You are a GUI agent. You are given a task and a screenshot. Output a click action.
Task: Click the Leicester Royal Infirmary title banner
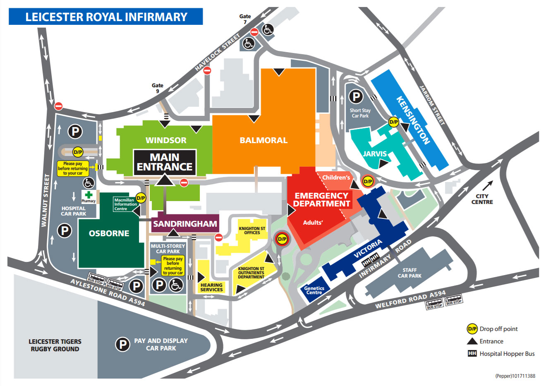(106, 17)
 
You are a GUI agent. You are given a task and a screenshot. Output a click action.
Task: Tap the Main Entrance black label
(165, 162)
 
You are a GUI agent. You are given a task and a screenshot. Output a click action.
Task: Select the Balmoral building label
(263, 140)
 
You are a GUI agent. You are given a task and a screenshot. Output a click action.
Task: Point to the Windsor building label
(166, 140)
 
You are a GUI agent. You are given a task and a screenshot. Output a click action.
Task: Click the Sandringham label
(185, 224)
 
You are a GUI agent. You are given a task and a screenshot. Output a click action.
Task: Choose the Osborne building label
(109, 233)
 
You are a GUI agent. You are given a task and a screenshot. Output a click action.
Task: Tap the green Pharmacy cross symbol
(89, 195)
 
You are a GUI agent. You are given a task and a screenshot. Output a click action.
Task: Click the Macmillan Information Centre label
(125, 204)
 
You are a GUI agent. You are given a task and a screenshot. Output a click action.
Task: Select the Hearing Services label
(211, 287)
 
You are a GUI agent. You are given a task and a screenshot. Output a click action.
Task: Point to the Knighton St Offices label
(252, 230)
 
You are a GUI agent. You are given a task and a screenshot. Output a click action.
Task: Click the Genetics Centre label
(314, 290)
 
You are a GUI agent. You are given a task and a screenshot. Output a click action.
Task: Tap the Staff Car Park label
(409, 273)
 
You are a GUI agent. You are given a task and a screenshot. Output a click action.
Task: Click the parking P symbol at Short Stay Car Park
(356, 97)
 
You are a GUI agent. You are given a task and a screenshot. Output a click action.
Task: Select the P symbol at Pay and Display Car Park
(122, 344)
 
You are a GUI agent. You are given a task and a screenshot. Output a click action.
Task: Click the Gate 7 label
(245, 19)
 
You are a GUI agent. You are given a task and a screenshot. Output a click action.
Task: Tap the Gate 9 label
(157, 88)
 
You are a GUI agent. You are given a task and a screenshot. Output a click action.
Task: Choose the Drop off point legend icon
(472, 329)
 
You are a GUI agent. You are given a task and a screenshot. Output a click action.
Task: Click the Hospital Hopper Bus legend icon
(472, 354)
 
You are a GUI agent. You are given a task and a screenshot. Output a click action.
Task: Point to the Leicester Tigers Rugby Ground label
(55, 345)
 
